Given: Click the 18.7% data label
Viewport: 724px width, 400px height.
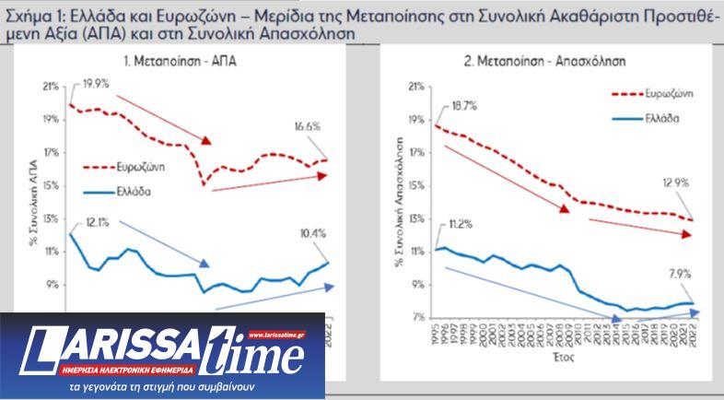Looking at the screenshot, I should click(464, 106).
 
